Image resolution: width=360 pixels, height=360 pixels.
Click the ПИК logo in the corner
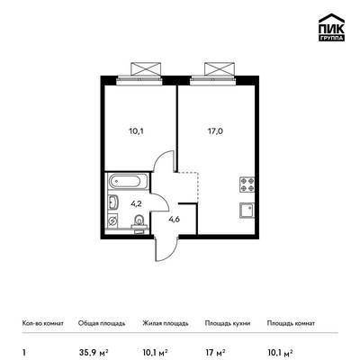click(331, 27)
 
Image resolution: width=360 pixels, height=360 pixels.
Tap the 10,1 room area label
click(136, 131)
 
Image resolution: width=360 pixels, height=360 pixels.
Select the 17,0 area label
click(215, 131)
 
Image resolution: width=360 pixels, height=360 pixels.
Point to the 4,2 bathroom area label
click(136, 203)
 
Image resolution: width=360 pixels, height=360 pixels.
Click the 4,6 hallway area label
click(174, 220)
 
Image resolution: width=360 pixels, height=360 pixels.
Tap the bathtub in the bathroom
click(129, 181)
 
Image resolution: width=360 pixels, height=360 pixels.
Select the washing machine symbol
click(112, 220)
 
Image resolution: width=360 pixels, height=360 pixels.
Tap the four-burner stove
click(247, 184)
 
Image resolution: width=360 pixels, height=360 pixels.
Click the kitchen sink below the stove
click(247, 211)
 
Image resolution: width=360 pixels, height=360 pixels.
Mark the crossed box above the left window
click(146, 69)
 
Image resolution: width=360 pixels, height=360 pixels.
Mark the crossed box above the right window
click(220, 69)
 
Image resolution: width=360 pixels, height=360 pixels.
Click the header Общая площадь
click(102, 323)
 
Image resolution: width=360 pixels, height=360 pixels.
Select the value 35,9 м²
click(94, 352)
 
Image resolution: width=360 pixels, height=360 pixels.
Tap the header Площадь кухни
click(228, 323)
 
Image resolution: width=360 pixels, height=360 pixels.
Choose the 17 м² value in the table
click(215, 352)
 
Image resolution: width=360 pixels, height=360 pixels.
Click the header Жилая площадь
click(166, 323)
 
